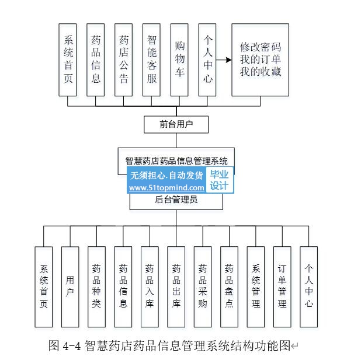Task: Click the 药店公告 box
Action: [124, 60]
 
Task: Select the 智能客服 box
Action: [152, 60]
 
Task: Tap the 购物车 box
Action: [180, 60]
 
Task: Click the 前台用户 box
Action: [176, 124]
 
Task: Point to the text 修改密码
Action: [261, 47]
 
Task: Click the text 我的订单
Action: [261, 60]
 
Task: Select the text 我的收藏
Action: [261, 72]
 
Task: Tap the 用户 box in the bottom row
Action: [70, 286]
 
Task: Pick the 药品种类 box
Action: [96, 286]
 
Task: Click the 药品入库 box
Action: [150, 286]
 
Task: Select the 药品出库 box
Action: [176, 286]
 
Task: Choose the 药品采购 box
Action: [203, 286]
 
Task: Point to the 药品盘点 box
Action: [229, 286]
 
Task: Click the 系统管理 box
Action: [256, 286]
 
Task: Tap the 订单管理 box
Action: [282, 286]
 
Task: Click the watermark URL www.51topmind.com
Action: [166, 188]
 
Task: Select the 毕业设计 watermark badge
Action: [221, 180]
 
